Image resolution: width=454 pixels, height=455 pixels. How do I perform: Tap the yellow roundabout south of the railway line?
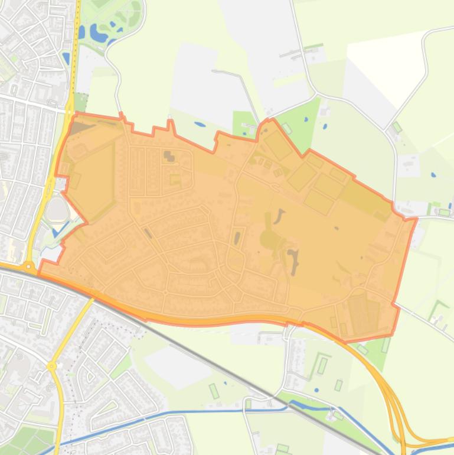point(52,366)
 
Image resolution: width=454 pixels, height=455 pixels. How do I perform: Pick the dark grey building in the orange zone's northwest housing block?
point(169,157)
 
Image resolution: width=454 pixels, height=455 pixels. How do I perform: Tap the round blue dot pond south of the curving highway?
point(318,390)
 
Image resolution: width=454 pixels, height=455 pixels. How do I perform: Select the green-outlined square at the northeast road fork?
point(397,127)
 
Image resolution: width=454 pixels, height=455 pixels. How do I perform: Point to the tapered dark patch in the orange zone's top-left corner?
point(83,125)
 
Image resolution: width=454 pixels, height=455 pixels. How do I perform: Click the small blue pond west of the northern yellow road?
point(66,58)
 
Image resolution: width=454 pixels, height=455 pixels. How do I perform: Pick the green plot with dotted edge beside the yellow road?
point(81,102)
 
